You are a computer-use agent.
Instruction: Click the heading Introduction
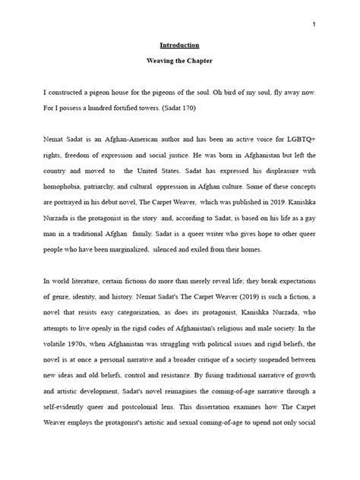180,45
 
